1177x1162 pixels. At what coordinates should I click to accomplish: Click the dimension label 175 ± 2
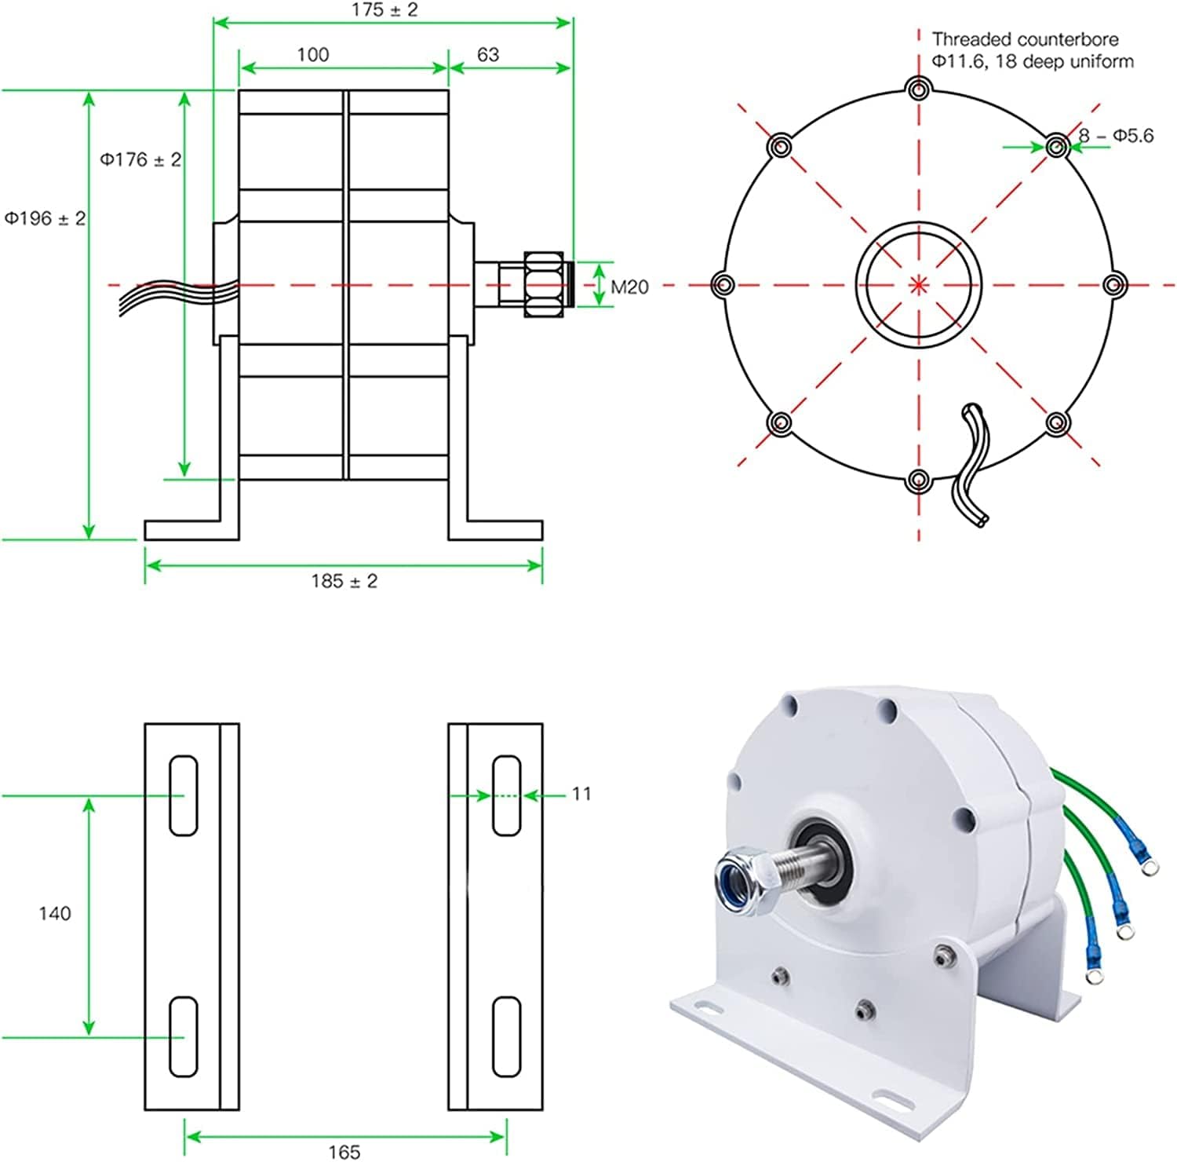384,10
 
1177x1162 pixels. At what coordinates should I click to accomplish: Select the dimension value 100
312,54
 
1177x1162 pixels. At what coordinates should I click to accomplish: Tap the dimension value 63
487,54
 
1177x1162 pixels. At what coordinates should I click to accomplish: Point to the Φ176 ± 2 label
140,159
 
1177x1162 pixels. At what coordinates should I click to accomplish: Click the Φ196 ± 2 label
45,218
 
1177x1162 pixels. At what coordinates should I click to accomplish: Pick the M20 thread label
629,287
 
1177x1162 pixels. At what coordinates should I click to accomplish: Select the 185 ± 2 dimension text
344,581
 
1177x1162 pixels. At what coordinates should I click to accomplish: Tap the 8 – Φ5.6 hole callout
1115,136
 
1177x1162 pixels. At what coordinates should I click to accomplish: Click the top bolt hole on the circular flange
918,88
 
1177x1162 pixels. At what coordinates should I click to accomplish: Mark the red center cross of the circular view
918,284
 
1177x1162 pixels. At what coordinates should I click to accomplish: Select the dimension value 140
54,913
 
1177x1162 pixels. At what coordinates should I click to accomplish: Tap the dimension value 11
581,794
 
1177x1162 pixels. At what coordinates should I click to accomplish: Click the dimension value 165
344,1151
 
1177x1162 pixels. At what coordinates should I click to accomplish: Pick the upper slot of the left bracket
184,795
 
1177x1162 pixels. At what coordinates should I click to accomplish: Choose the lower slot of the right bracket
506,1036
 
